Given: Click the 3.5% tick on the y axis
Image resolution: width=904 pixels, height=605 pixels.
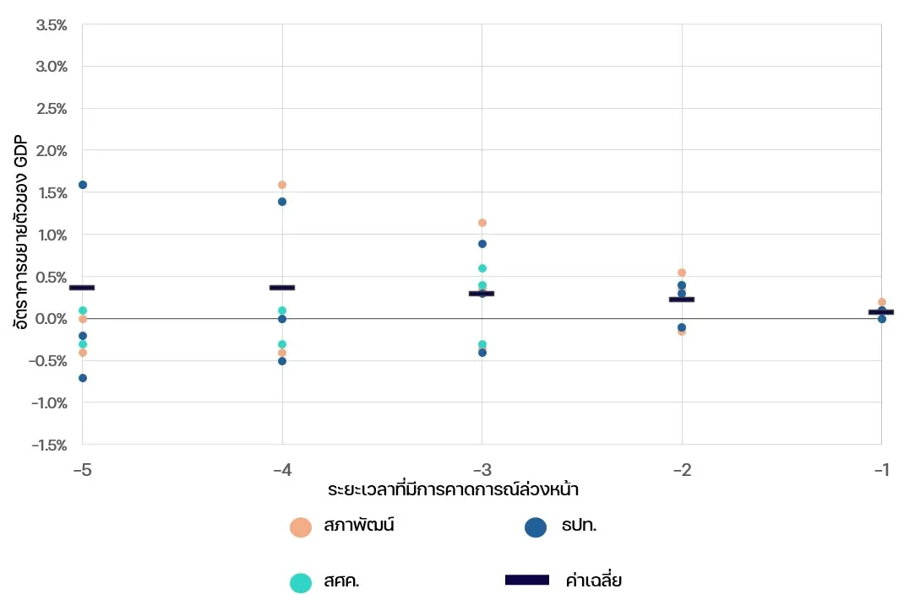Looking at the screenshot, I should click(x=52, y=25).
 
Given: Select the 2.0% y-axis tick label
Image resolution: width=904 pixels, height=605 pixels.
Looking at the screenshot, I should click(x=52, y=151).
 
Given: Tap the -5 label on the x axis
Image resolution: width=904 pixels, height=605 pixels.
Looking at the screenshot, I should click(x=82, y=469).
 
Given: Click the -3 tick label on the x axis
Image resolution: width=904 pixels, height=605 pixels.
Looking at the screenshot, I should click(x=482, y=469).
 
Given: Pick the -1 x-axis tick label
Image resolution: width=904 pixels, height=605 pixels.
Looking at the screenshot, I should click(x=881, y=469).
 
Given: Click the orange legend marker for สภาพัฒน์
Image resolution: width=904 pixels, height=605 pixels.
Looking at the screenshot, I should click(x=301, y=527).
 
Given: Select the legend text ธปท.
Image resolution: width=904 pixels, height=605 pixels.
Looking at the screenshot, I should click(x=579, y=527).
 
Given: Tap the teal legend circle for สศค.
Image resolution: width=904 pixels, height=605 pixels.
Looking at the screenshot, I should click(x=301, y=582).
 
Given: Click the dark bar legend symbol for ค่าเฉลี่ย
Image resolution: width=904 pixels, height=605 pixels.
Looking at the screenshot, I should click(x=526, y=581).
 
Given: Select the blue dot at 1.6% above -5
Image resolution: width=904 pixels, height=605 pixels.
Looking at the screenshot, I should click(x=83, y=185).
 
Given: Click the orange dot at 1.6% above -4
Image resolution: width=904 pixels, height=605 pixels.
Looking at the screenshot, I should click(x=282, y=185).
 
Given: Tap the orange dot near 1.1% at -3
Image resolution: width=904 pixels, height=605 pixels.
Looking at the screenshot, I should click(x=482, y=223).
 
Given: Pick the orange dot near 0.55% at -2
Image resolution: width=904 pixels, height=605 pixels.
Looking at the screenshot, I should click(x=682, y=273).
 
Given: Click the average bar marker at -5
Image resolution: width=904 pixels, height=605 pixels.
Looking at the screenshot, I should click(x=82, y=288).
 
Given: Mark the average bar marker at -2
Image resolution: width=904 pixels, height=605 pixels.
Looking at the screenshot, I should click(x=682, y=300).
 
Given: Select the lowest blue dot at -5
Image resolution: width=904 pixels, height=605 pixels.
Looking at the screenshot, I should click(x=83, y=378).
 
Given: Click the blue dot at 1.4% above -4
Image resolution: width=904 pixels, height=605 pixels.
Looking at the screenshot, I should click(x=282, y=202).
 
